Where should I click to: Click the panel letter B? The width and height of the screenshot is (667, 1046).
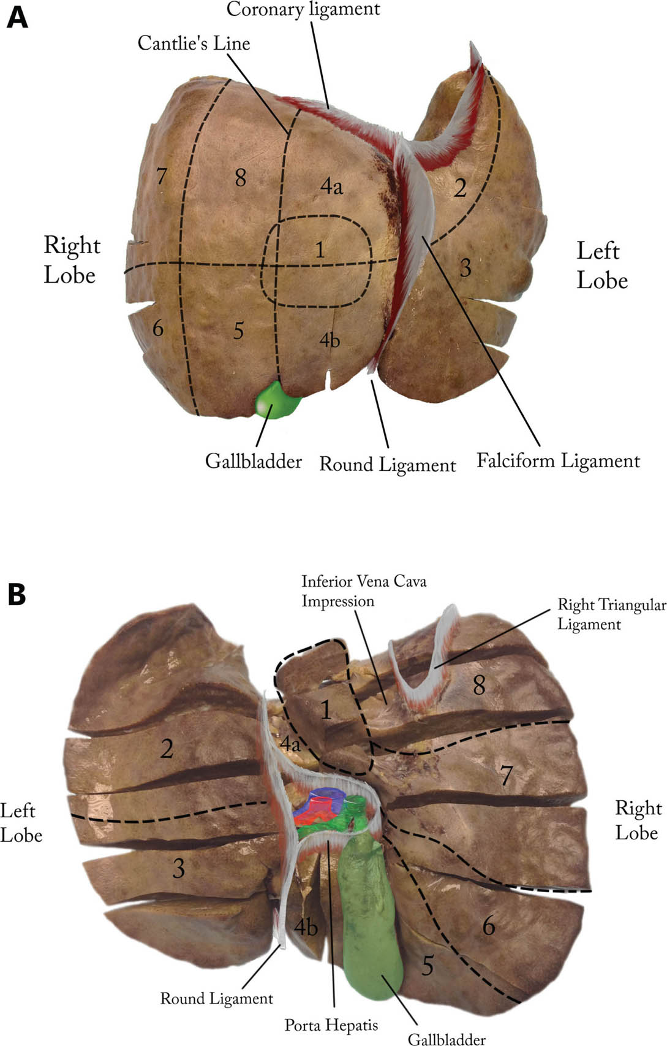click(17, 593)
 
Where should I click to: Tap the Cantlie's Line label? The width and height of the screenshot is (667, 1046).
click(194, 43)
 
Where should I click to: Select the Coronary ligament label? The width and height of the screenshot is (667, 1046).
click(303, 9)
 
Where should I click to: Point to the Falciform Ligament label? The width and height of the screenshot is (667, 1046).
click(558, 461)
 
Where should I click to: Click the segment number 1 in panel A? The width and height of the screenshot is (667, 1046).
click(319, 250)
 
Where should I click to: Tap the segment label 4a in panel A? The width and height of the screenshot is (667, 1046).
click(331, 186)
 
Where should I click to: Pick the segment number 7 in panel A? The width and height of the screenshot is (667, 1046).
click(160, 177)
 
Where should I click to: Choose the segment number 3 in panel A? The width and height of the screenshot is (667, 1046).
click(466, 267)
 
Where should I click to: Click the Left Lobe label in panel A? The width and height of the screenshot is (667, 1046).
click(602, 265)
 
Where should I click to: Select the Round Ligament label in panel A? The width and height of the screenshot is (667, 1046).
click(387, 465)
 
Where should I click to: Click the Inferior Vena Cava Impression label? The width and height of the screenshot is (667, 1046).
click(363, 590)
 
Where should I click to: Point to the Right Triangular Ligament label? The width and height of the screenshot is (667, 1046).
click(611, 614)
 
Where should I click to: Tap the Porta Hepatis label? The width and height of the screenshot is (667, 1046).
click(331, 1025)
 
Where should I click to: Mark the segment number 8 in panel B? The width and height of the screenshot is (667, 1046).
click(479, 685)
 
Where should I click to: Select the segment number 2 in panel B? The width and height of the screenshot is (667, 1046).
click(167, 749)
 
